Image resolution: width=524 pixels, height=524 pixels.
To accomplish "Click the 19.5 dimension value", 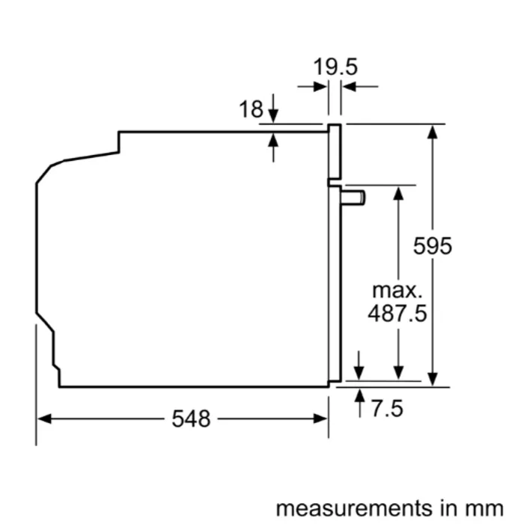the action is coord(335,67).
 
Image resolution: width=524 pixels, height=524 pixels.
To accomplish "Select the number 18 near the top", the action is coord(251,109).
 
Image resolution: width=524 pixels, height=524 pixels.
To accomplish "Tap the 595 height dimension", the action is coord(433,246).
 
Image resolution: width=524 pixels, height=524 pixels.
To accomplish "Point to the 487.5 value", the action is coord(397,313).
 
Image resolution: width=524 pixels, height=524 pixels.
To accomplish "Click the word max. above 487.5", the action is coord(397,290).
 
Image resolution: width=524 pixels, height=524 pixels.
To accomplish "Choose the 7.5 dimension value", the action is coord(387,409).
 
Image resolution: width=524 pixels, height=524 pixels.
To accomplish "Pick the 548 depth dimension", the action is coord(191,418).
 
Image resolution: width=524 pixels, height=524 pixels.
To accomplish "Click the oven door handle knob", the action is coord(353,198).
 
